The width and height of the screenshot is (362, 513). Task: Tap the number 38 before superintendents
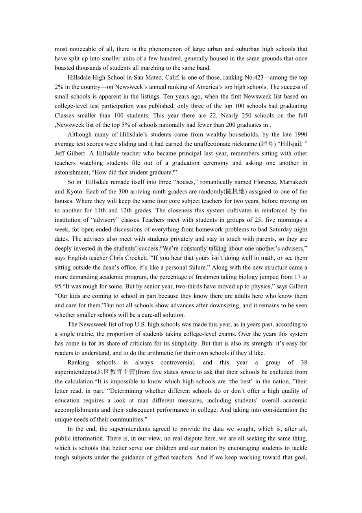click(x=303, y=362)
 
